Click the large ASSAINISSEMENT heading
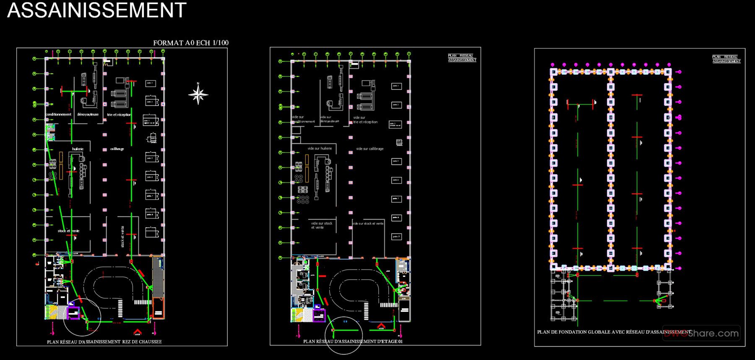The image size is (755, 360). (x=96, y=10)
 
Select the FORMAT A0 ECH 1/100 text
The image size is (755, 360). (x=191, y=43)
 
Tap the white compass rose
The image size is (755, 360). (x=198, y=94)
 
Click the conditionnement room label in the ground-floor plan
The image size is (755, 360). (x=59, y=115)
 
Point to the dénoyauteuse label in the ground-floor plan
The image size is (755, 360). (x=88, y=115)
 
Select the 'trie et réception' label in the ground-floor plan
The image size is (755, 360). (x=119, y=115)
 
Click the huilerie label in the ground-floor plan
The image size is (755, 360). (x=78, y=149)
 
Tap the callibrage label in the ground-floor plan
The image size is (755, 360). (x=117, y=149)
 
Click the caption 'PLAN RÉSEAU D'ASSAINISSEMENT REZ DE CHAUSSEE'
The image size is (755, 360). (x=104, y=342)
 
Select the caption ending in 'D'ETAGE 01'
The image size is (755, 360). (x=353, y=342)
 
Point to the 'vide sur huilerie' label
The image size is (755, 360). (x=320, y=149)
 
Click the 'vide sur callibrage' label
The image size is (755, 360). (x=370, y=149)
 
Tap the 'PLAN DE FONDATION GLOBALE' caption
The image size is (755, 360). (x=614, y=332)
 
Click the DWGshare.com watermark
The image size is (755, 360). (x=701, y=334)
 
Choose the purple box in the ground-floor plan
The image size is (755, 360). (x=73, y=313)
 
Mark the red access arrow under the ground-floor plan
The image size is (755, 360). (x=137, y=331)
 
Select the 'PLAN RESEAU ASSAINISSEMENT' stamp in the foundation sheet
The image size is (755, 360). (x=726, y=59)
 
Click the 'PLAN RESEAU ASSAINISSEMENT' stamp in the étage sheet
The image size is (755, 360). (x=462, y=58)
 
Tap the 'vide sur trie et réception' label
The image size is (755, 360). (x=365, y=120)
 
